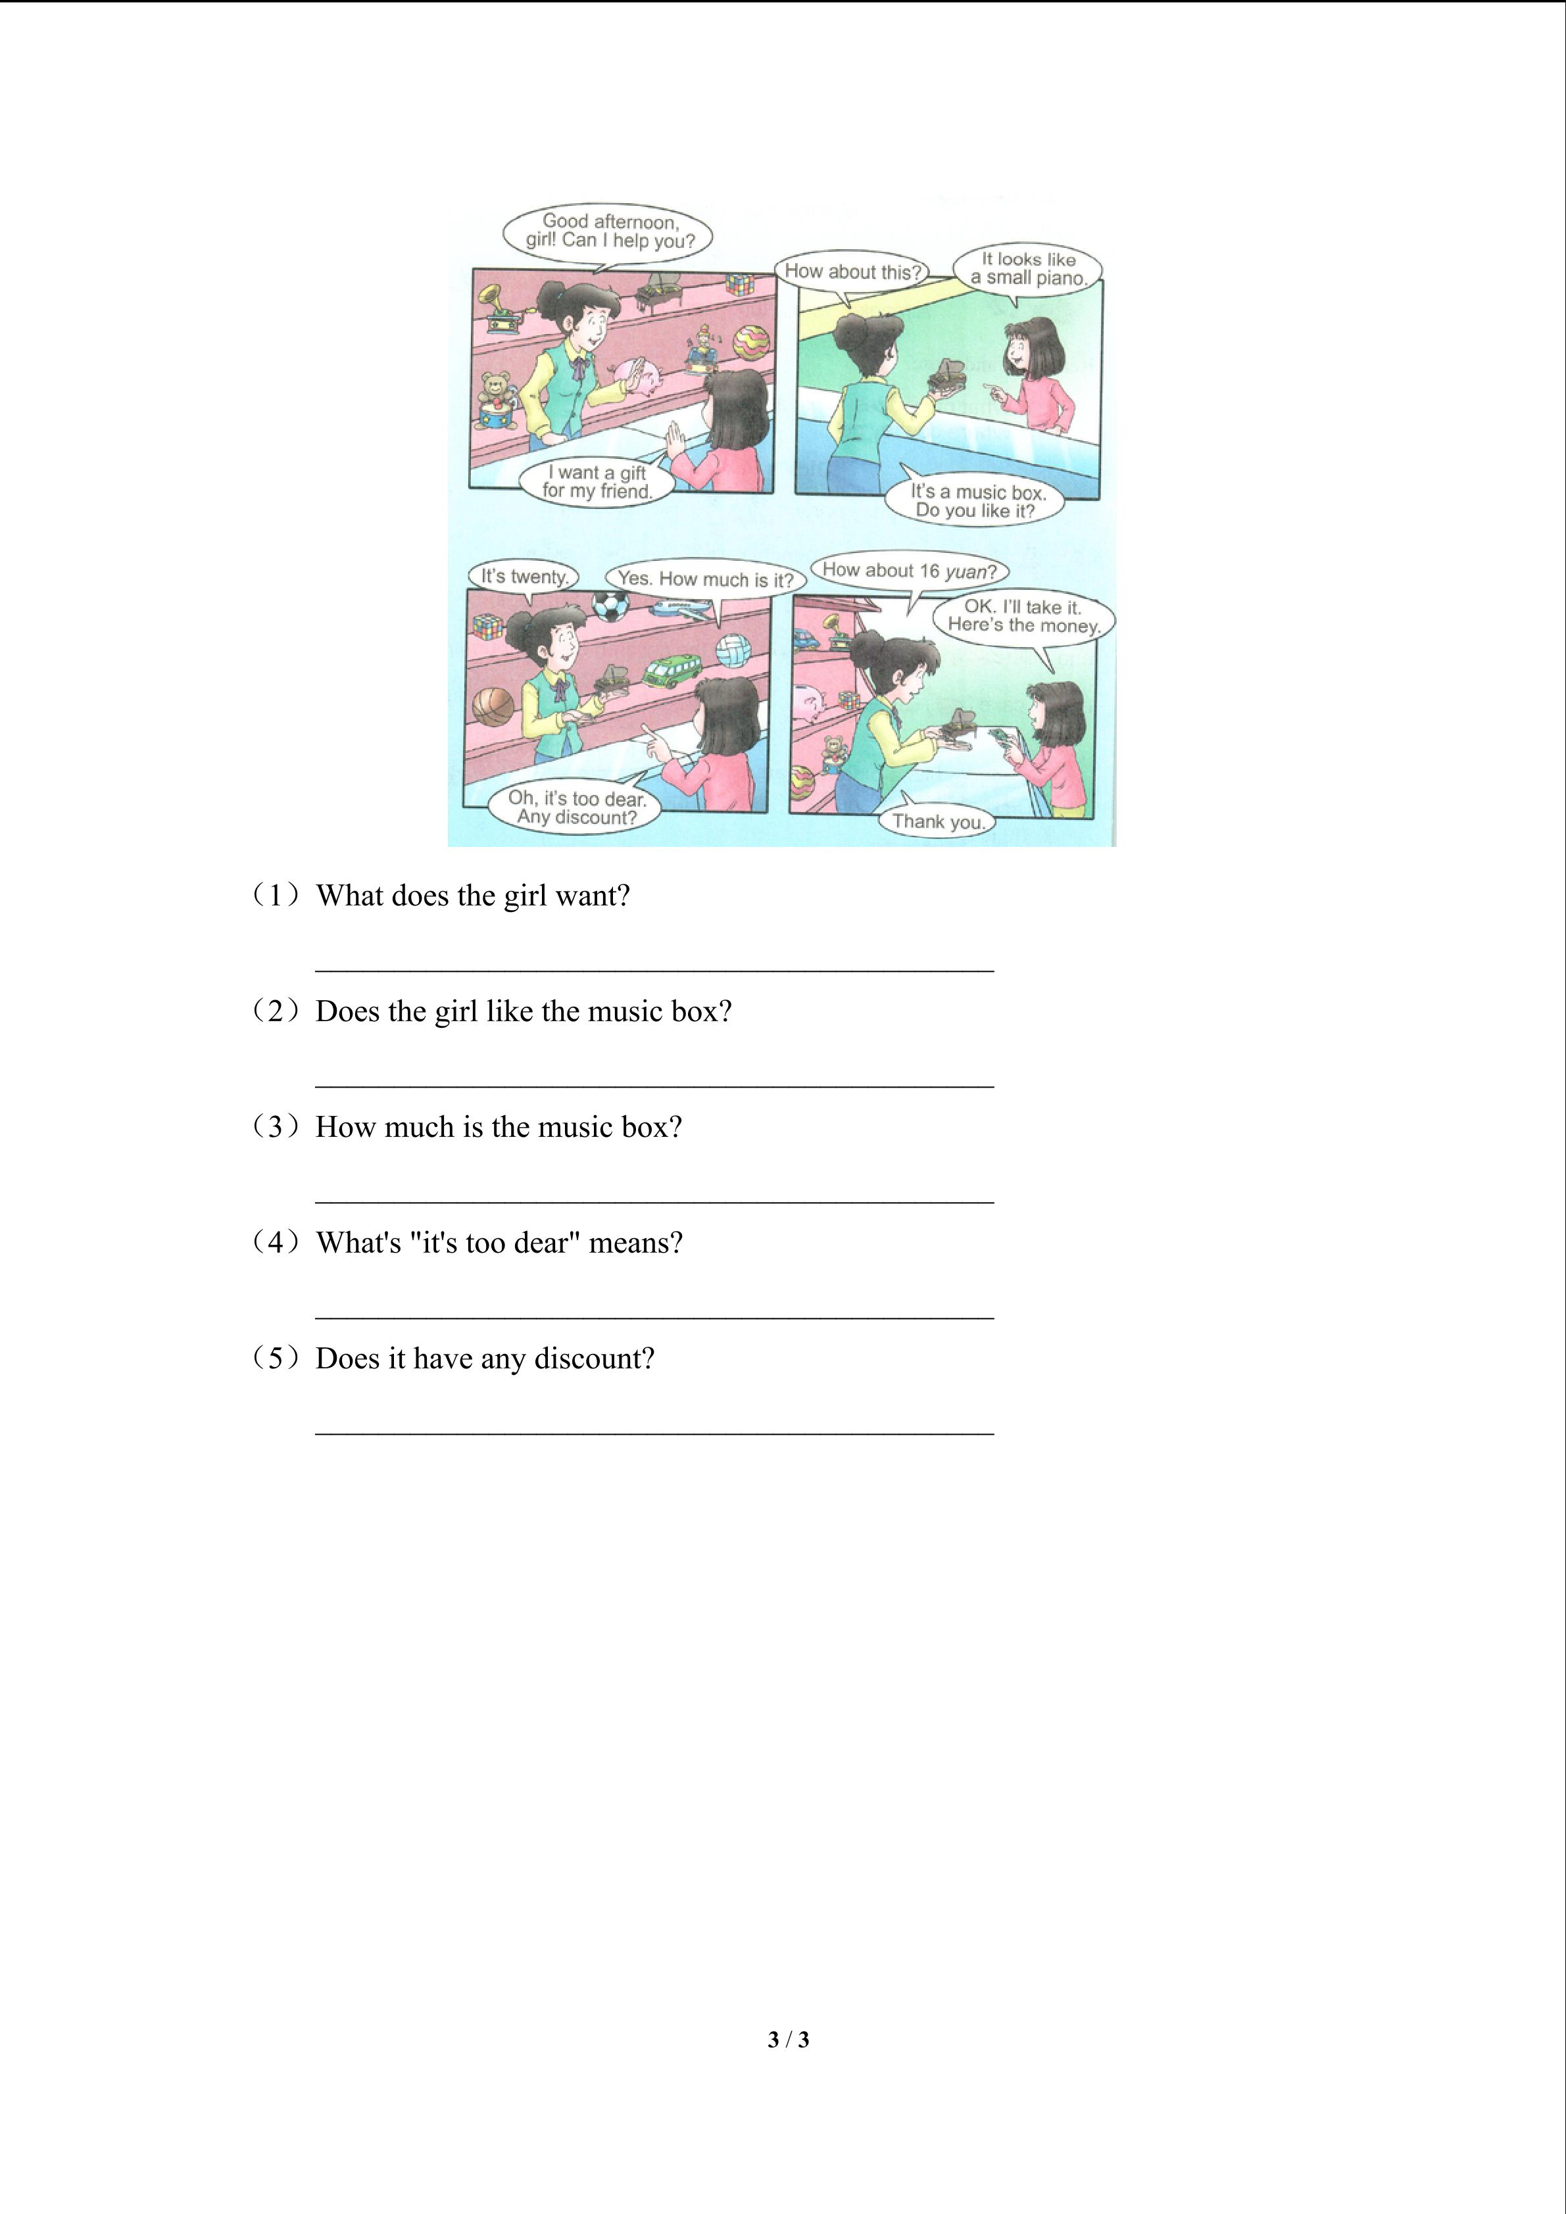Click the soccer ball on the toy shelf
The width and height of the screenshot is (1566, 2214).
(x=610, y=608)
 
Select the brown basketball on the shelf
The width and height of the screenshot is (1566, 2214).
(x=494, y=706)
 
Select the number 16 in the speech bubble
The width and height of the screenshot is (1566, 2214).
(x=929, y=571)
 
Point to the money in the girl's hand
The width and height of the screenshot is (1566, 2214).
(x=1002, y=738)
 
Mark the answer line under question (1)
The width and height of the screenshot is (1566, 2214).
(x=655, y=970)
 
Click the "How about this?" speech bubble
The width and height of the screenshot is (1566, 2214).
(x=852, y=272)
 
